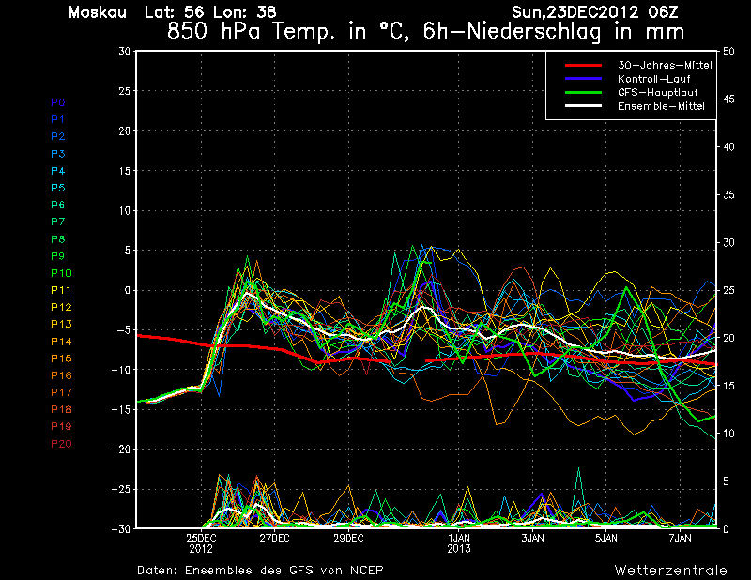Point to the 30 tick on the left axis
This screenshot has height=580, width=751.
(124, 52)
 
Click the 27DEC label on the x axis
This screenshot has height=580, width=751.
(274, 539)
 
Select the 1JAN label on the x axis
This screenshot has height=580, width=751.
(459, 539)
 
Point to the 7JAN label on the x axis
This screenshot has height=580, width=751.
(681, 539)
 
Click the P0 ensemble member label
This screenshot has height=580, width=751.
(57, 101)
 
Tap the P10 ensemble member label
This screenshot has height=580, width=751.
(60, 273)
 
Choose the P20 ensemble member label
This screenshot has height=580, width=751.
(60, 443)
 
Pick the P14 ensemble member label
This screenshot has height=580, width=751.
(60, 341)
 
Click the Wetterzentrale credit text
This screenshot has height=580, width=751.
(670, 570)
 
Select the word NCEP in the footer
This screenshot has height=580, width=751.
(362, 570)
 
